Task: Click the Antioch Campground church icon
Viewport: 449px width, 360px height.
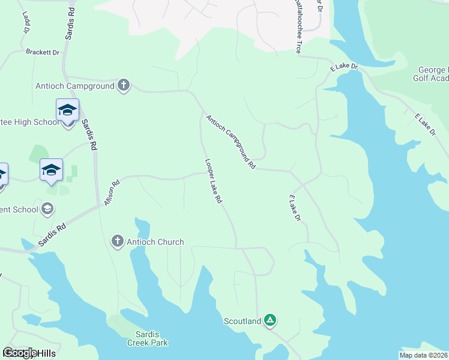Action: pyautogui.click(x=124, y=85)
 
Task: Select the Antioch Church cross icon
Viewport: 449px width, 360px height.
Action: pyautogui.click(x=118, y=242)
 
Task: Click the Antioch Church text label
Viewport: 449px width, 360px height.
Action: pyautogui.click(x=155, y=242)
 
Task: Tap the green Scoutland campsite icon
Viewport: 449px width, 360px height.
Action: pyautogui.click(x=270, y=320)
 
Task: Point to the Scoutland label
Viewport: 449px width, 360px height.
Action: pyautogui.click(x=243, y=321)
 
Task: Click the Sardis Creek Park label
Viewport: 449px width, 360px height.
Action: pyautogui.click(x=147, y=338)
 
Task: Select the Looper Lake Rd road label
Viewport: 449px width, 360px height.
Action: pyautogui.click(x=214, y=180)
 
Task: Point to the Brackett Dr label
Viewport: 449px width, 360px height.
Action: pyautogui.click(x=43, y=52)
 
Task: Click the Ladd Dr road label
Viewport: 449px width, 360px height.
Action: pyautogui.click(x=26, y=22)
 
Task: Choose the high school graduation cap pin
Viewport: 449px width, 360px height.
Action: pyautogui.click(x=67, y=110)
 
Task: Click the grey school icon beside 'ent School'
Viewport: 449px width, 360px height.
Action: pyautogui.click(x=47, y=209)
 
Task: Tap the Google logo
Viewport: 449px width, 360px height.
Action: pyautogui.click(x=20, y=353)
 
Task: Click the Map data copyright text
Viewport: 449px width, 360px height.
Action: pyautogui.click(x=423, y=355)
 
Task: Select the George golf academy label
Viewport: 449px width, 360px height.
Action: pyautogui.click(x=431, y=74)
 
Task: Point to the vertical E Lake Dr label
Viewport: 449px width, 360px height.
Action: pyautogui.click(x=294, y=208)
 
